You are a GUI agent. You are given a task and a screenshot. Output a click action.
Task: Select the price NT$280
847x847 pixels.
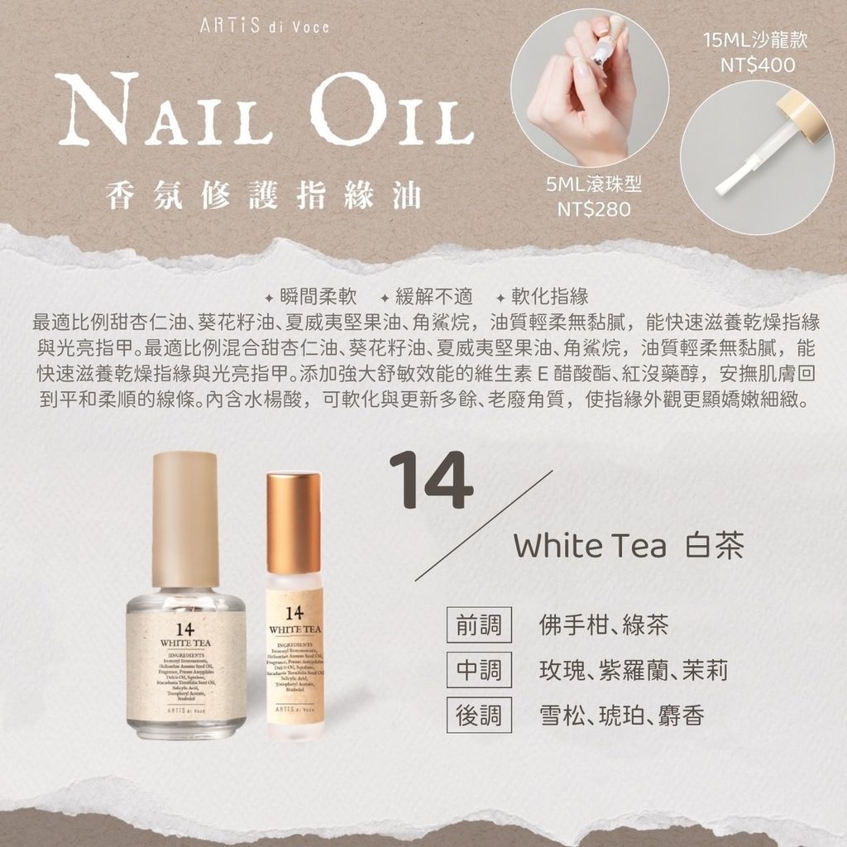click(x=594, y=209)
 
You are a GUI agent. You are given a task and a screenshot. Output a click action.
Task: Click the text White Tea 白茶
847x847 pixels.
click(x=628, y=547)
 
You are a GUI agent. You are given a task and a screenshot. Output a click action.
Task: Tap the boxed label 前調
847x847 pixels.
click(x=479, y=625)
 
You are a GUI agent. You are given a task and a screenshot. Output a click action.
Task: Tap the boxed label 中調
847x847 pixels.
click(x=479, y=670)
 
